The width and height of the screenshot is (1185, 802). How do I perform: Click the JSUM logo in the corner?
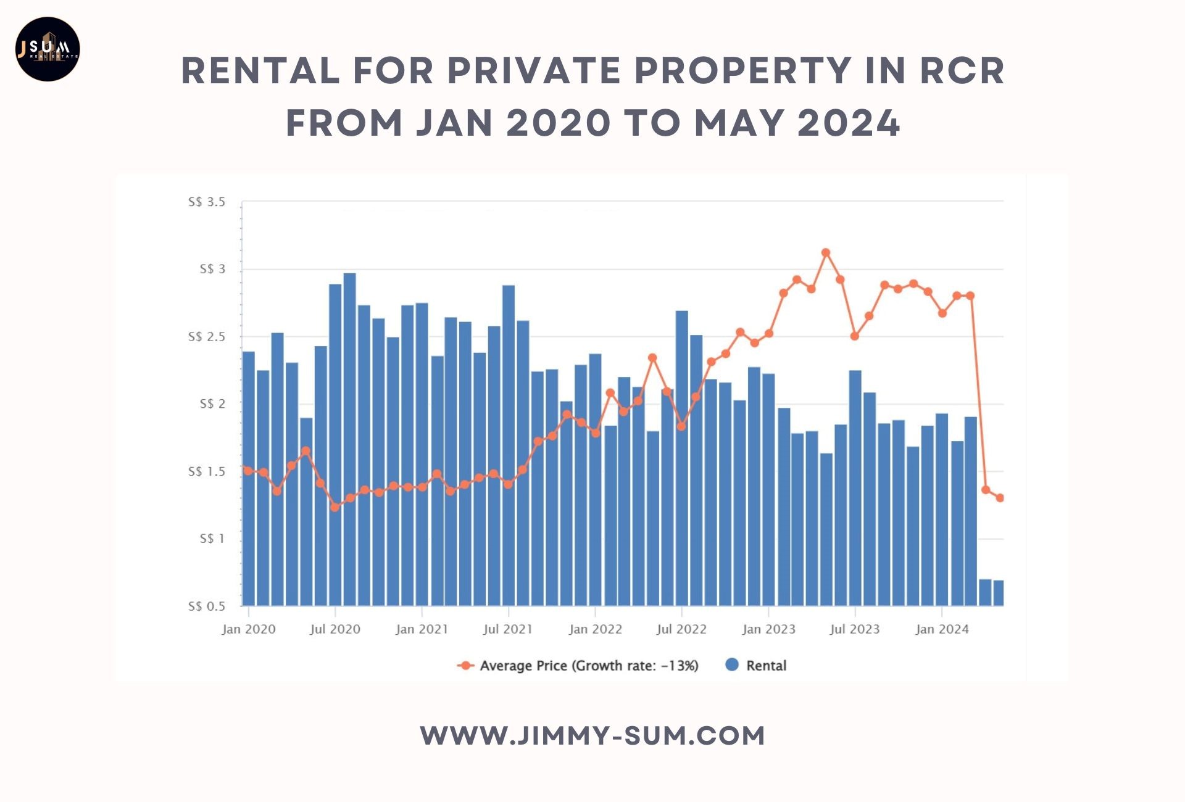point(48,49)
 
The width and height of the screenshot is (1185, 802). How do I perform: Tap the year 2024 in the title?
point(849,123)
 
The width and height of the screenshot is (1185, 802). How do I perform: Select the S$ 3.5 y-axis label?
point(207,202)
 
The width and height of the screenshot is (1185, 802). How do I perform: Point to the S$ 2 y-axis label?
point(212,404)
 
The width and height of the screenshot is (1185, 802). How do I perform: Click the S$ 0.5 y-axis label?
point(207,606)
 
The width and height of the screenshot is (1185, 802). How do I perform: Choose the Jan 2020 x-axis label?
point(249,629)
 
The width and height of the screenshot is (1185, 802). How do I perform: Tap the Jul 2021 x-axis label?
point(508,629)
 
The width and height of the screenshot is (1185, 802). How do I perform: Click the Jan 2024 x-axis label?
point(942,629)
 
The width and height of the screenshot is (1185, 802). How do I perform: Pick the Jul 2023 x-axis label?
point(855,629)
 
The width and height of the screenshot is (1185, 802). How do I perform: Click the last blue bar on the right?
point(999,593)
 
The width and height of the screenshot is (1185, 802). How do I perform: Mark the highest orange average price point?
point(826,252)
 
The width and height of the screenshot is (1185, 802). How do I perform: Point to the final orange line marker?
point(1000,498)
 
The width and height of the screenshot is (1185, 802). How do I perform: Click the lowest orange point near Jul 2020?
point(335,507)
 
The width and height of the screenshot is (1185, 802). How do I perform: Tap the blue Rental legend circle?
point(732,665)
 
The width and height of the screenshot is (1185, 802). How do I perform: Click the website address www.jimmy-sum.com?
point(592,736)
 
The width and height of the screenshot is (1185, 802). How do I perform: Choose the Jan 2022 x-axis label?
point(595,629)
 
